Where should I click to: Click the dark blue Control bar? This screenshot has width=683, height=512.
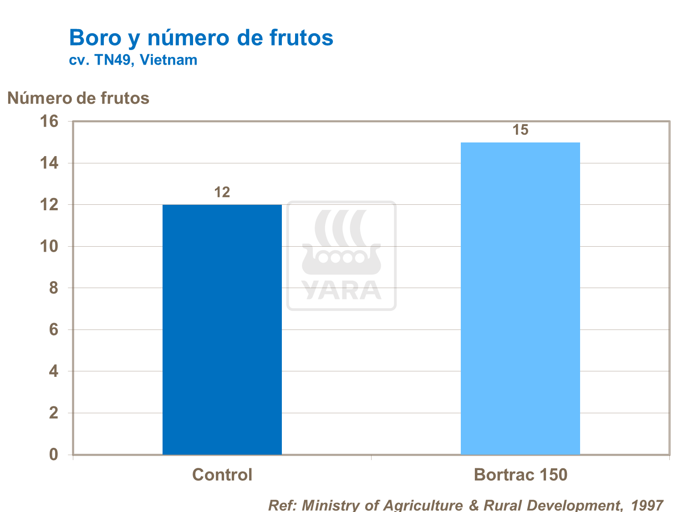point(222,330)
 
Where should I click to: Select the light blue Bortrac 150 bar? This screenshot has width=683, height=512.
point(520,298)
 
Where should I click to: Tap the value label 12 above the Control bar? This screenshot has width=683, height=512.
point(222,193)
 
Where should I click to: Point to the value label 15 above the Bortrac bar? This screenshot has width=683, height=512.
point(520,130)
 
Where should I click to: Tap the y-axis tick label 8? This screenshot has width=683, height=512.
point(54,288)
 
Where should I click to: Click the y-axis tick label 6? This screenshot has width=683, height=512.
point(54,330)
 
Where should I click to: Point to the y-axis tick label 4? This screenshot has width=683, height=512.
point(54,371)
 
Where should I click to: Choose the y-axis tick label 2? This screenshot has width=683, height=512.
point(54,413)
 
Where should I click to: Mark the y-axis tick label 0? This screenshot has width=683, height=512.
point(54,454)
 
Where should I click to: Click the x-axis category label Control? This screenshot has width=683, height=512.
point(222,475)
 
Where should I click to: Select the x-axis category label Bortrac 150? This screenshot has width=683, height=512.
point(520,475)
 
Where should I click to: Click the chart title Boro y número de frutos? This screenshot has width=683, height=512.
point(201,37)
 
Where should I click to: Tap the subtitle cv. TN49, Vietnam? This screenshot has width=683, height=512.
point(133,60)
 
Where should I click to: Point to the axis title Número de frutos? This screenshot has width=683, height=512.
point(78,98)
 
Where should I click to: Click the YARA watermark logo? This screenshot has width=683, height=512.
point(341,256)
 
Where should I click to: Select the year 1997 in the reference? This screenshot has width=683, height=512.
point(647,505)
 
